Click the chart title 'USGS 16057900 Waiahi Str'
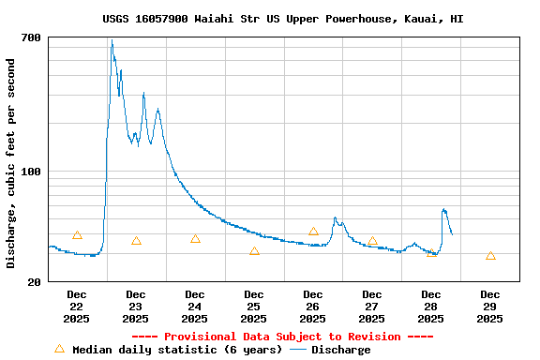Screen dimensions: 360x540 point(282,19)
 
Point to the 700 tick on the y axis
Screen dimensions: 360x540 point(31,37)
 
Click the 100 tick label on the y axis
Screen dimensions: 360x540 point(31,172)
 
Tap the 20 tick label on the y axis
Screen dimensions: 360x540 point(34,281)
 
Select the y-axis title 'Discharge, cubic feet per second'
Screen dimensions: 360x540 point(11,163)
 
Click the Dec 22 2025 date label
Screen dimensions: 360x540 point(77,307)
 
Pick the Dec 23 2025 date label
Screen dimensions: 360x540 point(136,307)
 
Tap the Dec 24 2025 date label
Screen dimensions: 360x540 point(195,307)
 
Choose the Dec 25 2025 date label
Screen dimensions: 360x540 point(254,307)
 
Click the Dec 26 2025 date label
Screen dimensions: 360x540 point(313,307)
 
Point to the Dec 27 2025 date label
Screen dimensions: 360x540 point(372,307)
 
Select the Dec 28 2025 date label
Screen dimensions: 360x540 point(431,307)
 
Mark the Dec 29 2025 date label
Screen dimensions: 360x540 point(489,307)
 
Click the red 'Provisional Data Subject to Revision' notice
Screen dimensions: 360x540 point(282,337)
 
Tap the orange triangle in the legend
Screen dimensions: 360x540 point(60,349)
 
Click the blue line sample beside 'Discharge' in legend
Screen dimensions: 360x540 point(298,350)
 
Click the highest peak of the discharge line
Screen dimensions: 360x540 point(111,40)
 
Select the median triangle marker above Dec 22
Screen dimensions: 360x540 point(77,234)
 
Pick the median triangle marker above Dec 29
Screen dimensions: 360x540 point(490,256)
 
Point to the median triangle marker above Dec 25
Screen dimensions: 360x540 point(254,251)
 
